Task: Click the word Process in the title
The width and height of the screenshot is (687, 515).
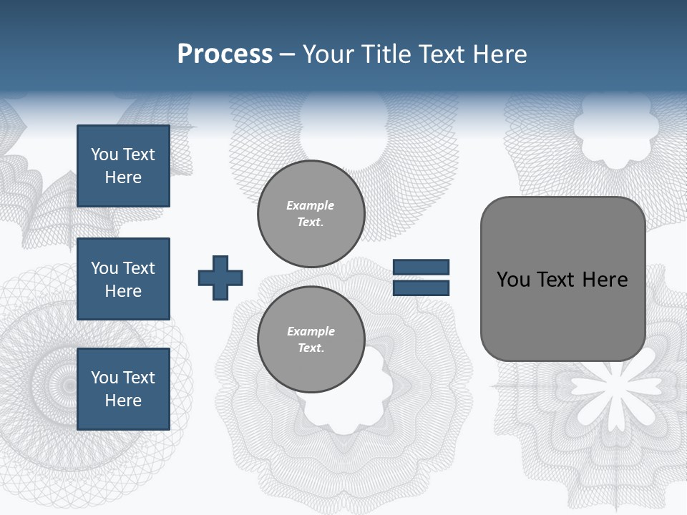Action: pos(225,54)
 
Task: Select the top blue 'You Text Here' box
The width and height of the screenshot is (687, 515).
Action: pos(123,166)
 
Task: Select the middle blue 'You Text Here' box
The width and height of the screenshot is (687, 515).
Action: pos(123,279)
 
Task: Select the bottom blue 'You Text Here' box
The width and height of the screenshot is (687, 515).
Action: pos(123,389)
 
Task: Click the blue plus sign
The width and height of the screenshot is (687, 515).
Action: pos(220,278)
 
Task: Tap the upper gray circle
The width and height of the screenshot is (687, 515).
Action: pos(311,214)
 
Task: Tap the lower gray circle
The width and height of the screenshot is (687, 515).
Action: pos(311,340)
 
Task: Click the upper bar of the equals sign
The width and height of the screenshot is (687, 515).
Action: pos(422,268)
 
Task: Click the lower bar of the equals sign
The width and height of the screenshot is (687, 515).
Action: pos(422,288)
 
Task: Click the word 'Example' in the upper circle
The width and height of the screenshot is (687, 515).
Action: pos(311,205)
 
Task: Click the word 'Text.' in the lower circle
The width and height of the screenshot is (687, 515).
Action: pos(311,348)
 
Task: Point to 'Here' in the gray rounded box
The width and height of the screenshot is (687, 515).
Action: pos(605,280)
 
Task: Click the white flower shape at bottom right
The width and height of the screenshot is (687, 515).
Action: pos(615,387)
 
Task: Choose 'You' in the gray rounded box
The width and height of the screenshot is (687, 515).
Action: pos(513,280)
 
